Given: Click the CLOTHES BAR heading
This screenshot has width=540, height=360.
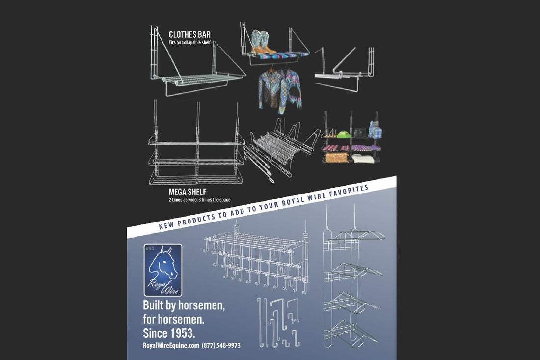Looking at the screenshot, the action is [x=189, y=34].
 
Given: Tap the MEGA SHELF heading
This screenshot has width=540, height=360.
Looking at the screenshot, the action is [x=188, y=192].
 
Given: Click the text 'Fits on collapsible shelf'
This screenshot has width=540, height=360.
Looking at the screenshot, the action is [x=189, y=43].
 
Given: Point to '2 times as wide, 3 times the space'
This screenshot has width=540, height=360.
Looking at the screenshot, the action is [x=199, y=200].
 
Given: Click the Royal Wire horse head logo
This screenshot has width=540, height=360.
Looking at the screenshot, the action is [x=163, y=270].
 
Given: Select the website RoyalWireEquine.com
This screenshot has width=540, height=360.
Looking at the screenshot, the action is [x=171, y=345].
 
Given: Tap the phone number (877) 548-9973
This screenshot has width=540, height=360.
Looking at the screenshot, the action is [x=221, y=345].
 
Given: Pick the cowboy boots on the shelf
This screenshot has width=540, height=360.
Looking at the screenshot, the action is [x=263, y=42].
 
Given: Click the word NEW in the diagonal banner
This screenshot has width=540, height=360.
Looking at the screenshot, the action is [x=166, y=225].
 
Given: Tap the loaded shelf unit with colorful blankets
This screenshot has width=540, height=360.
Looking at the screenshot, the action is [x=351, y=138].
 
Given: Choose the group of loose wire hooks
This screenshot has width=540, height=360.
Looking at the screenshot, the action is [x=279, y=323].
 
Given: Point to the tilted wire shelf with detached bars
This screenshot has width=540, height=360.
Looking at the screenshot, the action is [x=281, y=149].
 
